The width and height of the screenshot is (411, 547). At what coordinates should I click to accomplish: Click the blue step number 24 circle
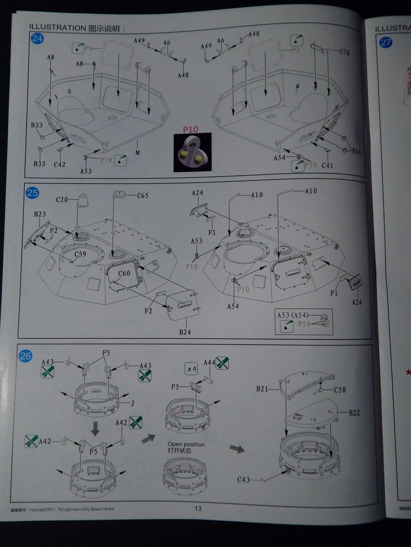(37, 39)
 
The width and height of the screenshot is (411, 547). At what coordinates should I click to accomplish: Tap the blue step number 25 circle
(32, 193)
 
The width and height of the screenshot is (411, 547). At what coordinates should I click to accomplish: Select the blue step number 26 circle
(26, 356)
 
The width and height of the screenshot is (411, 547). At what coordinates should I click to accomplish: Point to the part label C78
(345, 52)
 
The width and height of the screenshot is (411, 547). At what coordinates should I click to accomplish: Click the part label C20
(62, 199)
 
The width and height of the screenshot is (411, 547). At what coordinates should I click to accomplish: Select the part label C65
(143, 196)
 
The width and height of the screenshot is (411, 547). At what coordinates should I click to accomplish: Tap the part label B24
(185, 331)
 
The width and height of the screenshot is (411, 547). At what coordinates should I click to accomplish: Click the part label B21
(262, 389)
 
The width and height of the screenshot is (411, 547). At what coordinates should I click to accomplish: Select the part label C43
(243, 480)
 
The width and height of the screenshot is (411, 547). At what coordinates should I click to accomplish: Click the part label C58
(340, 390)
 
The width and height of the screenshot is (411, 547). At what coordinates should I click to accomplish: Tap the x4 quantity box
(191, 368)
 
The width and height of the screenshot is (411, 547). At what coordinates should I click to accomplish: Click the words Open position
(186, 444)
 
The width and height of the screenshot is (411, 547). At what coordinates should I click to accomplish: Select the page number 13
(198, 509)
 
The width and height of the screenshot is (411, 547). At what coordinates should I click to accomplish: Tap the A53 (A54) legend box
(303, 321)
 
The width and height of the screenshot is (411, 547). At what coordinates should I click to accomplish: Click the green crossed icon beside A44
(222, 363)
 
